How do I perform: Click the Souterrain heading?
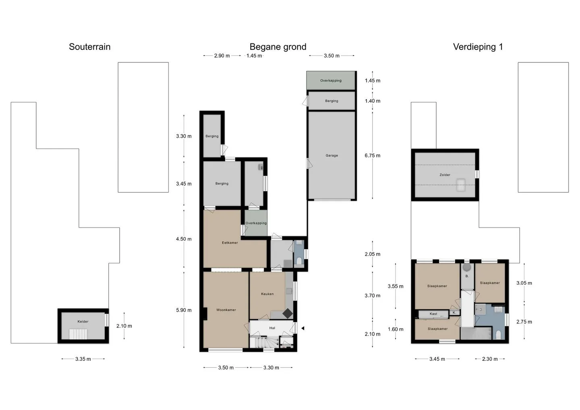(89, 47)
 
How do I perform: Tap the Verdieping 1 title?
(478, 47)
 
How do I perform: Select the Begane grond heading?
(278, 47)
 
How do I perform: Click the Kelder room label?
(83, 321)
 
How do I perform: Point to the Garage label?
(332, 155)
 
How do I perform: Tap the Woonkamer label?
(226, 310)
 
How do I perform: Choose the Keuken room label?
(267, 294)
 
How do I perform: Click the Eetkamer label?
(230, 243)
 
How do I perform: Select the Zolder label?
(445, 175)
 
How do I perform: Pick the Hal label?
(272, 328)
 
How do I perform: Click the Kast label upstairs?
(433, 314)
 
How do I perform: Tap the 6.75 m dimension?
(373, 155)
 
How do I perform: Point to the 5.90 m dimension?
(184, 310)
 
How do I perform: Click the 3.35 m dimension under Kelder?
(83, 359)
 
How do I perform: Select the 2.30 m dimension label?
(490, 359)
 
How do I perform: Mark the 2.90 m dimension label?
(222, 56)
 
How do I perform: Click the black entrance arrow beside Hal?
(303, 328)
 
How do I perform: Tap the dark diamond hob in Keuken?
(288, 313)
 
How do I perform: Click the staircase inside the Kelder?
(78, 334)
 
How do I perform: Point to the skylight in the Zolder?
(461, 185)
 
